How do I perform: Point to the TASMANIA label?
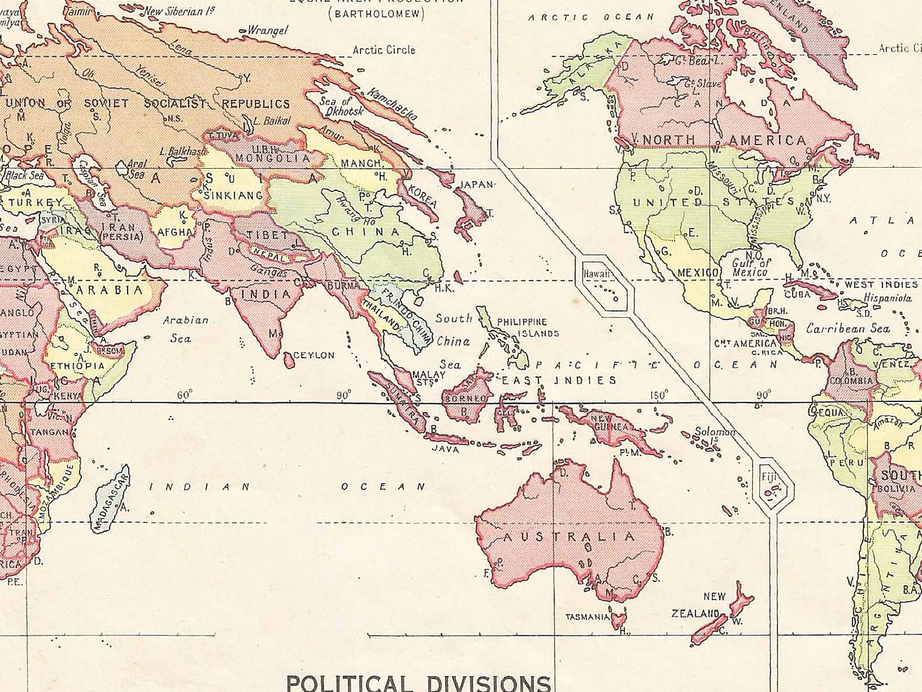click(x=587, y=617)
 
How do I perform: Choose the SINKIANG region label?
click(x=234, y=195)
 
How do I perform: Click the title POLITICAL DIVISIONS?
click(x=418, y=682)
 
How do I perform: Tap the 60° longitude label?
click(x=185, y=395)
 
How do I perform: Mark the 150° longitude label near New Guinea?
click(x=658, y=395)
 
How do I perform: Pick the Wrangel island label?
click(x=267, y=30)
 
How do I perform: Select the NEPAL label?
click(x=268, y=256)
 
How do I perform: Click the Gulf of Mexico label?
click(x=751, y=267)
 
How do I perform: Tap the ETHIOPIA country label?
click(x=78, y=366)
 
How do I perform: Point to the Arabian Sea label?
click(x=185, y=328)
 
